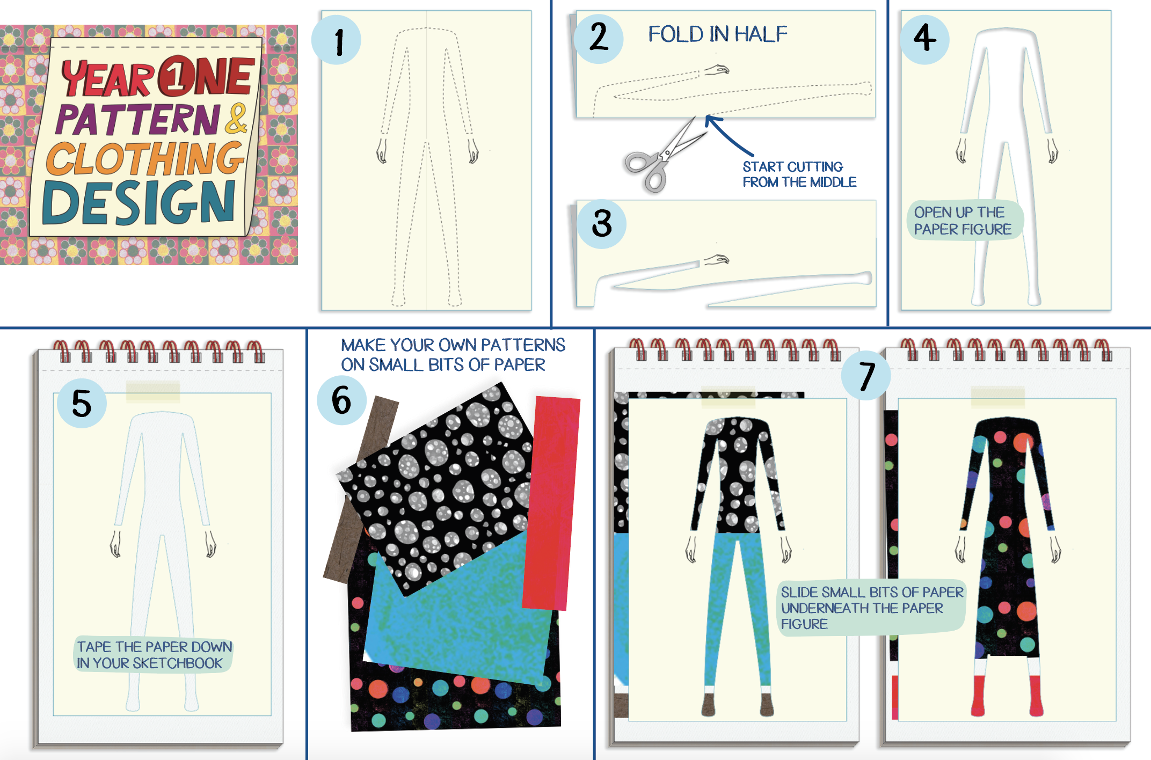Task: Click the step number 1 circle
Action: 336,40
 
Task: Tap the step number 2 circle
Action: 599,39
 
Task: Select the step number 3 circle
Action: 602,224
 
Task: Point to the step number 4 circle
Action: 924,39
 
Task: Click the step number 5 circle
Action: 82,403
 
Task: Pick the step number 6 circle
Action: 342,400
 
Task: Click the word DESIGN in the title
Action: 139,203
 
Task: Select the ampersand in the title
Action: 236,119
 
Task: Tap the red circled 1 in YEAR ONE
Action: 176,76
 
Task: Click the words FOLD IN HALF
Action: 718,34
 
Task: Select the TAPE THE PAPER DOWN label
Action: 155,654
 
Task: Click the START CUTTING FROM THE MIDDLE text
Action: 799,174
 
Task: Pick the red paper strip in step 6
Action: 551,503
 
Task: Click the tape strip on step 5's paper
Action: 153,392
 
